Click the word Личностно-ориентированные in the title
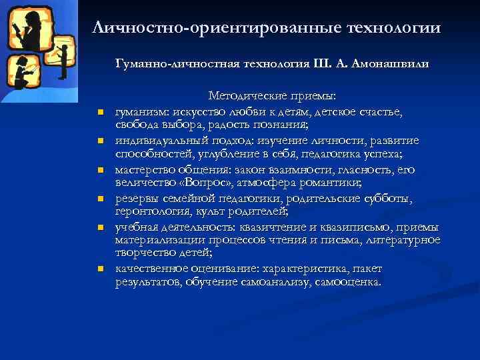pos(216,28)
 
